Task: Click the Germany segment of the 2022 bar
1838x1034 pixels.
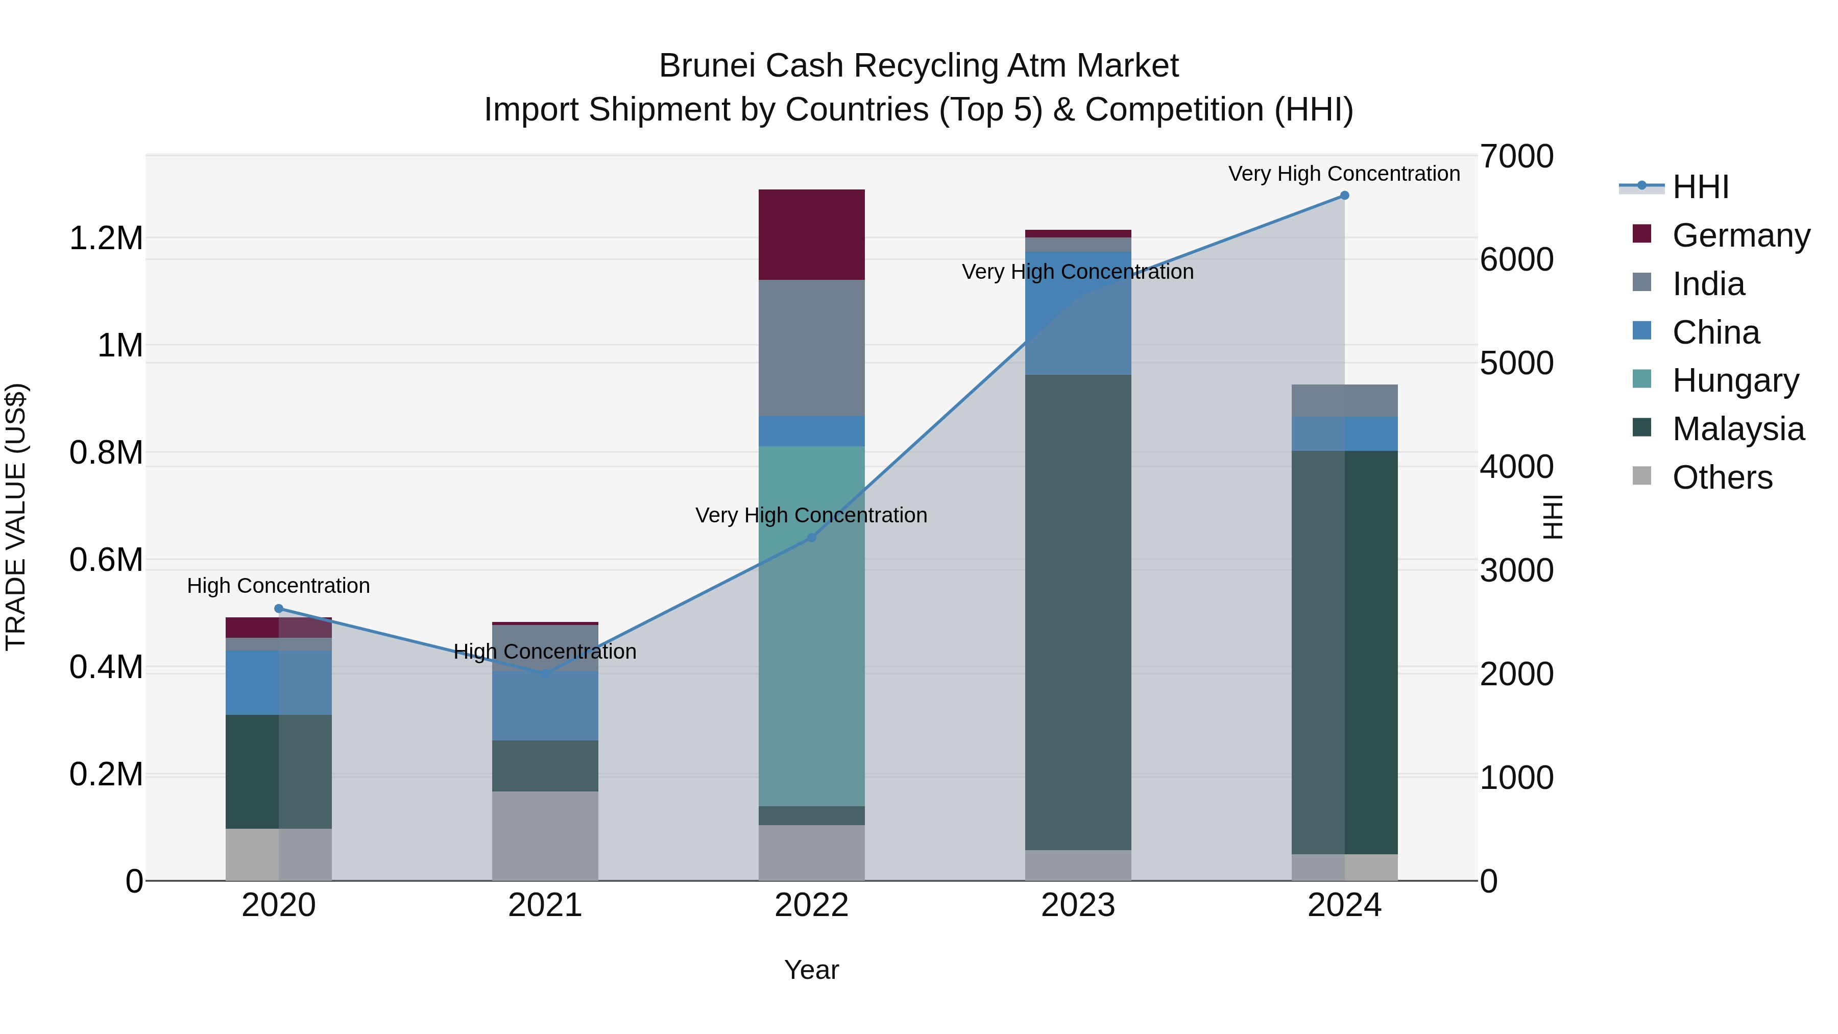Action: [811, 234]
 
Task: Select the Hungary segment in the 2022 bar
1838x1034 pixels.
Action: [811, 626]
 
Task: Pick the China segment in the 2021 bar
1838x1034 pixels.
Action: [545, 705]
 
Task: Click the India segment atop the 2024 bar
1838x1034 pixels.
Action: [1344, 400]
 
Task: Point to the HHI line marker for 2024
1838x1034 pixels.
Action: [1344, 196]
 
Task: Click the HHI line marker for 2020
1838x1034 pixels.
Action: [279, 609]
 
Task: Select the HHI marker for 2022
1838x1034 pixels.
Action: [811, 537]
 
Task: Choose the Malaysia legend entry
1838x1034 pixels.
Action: [1737, 429]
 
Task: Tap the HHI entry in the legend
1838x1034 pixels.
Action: [1700, 187]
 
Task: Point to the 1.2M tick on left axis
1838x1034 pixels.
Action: [106, 238]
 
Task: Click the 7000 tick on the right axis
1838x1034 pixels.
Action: [1516, 156]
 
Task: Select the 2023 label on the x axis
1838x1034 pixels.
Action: [1077, 905]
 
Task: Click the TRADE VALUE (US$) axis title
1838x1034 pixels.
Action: [16, 517]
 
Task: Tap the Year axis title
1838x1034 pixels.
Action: [811, 970]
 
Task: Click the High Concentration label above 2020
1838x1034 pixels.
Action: [278, 586]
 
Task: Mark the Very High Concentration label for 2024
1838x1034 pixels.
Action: [1344, 174]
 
